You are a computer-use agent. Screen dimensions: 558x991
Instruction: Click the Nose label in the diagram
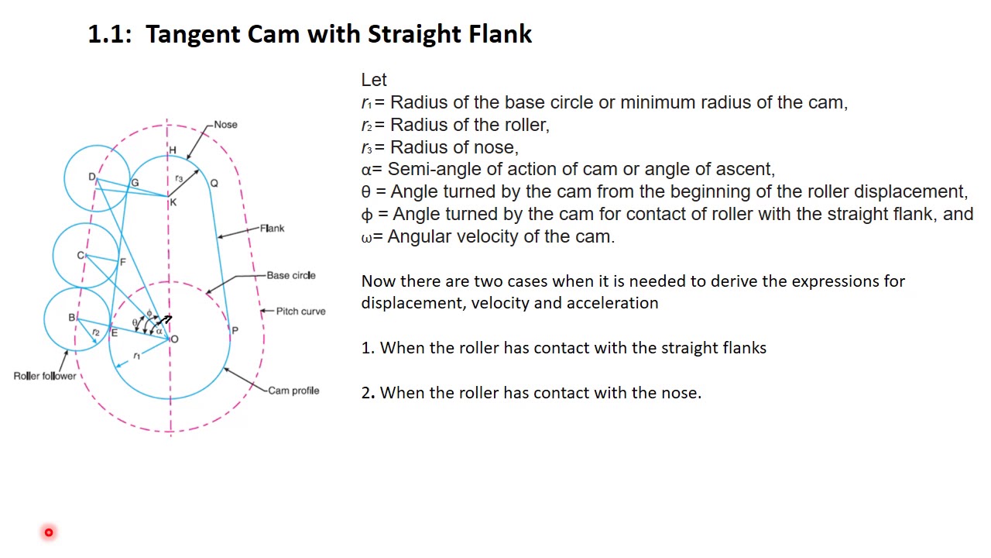(225, 124)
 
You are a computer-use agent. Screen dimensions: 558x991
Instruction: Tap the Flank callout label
(272, 228)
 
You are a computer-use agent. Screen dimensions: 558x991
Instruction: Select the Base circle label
(290, 275)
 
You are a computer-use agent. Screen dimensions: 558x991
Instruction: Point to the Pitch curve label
(300, 311)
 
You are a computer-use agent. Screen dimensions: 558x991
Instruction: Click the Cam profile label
(293, 391)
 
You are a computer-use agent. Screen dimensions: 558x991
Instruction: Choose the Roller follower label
(45, 376)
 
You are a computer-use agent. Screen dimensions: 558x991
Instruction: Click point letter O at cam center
(174, 339)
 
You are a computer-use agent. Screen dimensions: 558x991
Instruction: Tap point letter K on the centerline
(173, 202)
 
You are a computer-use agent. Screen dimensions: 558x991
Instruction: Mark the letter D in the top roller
(91, 177)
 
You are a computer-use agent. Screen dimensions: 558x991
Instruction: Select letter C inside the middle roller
(80, 255)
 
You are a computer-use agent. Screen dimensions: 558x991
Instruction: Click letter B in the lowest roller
(71, 317)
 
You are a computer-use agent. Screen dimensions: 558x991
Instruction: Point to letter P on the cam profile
(235, 330)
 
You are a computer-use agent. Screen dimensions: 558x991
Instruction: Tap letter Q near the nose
(214, 183)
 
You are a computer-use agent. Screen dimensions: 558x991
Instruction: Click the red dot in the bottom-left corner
(49, 532)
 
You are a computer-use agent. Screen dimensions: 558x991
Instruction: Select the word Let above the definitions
(374, 80)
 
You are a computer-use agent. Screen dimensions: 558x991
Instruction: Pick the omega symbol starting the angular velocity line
(366, 237)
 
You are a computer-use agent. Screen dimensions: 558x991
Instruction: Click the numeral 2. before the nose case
(368, 393)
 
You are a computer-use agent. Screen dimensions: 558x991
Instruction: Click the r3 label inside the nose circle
(179, 178)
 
